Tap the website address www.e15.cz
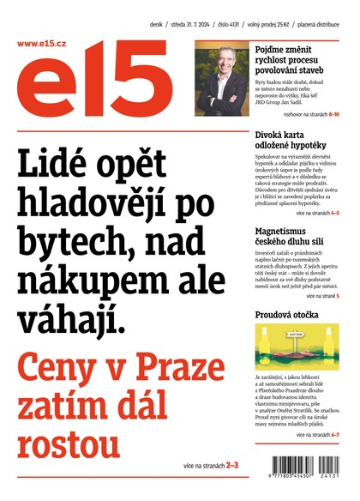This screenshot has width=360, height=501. [x=40, y=43]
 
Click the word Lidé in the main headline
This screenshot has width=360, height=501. [x=61, y=164]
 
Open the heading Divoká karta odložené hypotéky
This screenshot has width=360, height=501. [x=297, y=141]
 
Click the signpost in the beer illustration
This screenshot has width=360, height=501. [x=297, y=337]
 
